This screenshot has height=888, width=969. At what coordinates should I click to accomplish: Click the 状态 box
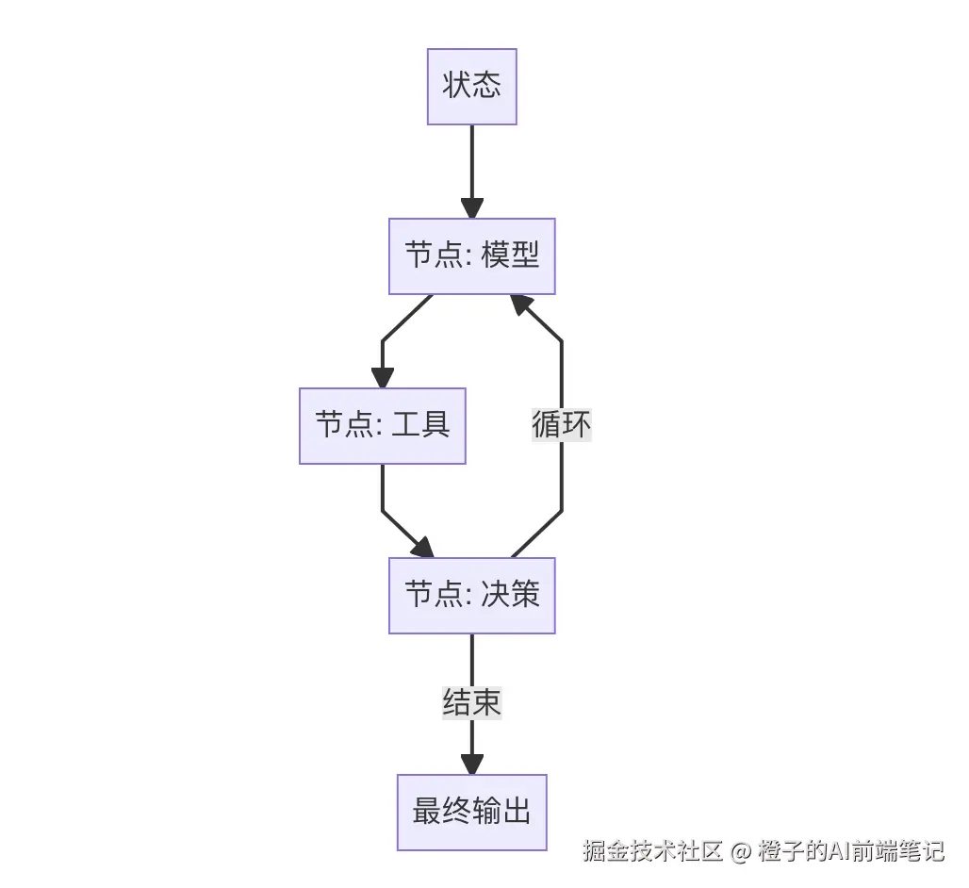click(x=471, y=87)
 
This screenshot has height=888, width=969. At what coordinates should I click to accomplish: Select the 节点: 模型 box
click(x=471, y=256)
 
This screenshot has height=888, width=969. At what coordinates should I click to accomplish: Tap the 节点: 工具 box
click(x=382, y=426)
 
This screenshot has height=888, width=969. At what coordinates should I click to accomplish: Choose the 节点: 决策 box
click(x=471, y=596)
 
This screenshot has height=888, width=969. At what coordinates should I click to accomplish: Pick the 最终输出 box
click(x=471, y=813)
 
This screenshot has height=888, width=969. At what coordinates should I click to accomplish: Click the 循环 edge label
click(x=562, y=425)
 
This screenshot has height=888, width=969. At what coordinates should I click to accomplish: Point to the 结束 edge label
click(x=471, y=702)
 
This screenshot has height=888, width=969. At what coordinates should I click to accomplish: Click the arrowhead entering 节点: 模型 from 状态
click(x=471, y=208)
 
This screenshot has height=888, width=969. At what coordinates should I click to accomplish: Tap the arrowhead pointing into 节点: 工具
click(x=382, y=378)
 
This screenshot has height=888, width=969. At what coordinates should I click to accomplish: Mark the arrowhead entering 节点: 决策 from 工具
click(x=422, y=548)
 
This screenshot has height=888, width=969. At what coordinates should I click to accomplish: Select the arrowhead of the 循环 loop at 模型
click(x=521, y=304)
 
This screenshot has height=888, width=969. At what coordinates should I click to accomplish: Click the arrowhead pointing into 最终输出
click(x=471, y=765)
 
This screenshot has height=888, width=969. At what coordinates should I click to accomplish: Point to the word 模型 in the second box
click(x=510, y=256)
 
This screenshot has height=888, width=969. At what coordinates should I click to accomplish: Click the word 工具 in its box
click(x=421, y=426)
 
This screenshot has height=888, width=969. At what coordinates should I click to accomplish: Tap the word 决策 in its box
click(x=510, y=596)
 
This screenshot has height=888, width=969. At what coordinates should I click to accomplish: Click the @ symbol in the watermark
click(x=741, y=852)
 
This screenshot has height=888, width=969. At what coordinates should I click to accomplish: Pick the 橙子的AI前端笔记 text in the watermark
click(x=850, y=851)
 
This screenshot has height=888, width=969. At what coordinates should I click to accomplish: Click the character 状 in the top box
click(x=457, y=87)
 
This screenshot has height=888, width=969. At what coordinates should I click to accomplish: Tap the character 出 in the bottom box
click(x=516, y=813)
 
